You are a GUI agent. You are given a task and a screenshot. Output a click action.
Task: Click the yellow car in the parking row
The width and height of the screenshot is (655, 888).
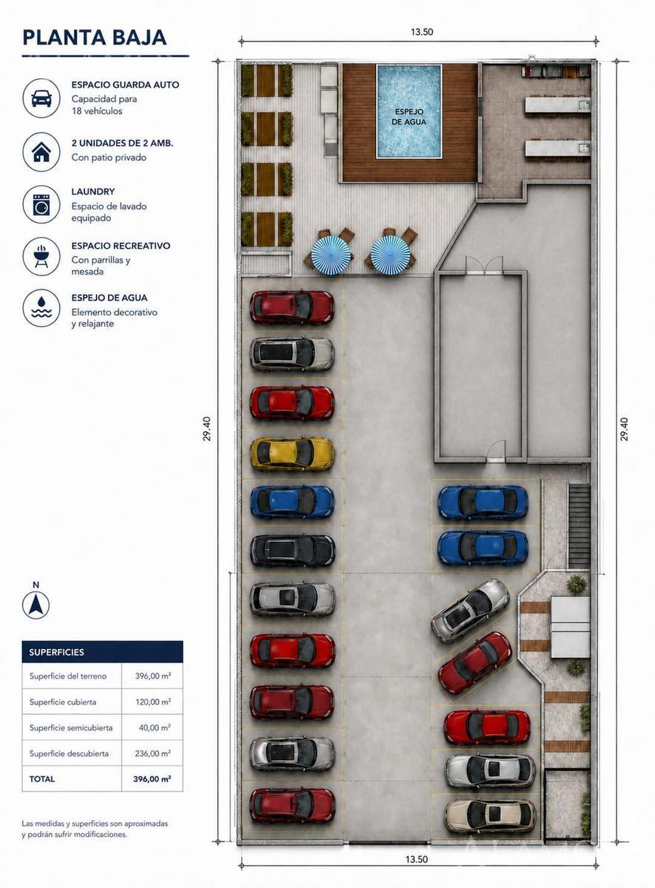click(292, 454)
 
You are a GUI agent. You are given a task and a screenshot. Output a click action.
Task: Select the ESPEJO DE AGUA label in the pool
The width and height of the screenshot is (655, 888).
click(409, 118)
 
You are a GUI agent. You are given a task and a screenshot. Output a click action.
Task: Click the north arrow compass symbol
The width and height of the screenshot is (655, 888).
click(36, 605)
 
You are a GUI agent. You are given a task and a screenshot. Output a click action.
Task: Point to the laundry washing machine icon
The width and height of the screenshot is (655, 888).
click(41, 204)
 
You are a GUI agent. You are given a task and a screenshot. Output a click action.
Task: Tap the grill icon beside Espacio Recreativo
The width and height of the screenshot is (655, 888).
click(41, 257)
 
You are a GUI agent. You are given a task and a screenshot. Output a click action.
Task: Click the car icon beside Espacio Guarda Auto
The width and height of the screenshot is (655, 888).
click(41, 98)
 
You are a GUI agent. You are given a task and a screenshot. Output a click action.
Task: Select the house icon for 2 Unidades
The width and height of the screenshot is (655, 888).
click(41, 152)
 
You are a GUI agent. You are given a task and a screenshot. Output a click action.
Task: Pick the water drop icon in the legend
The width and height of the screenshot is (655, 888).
click(41, 308)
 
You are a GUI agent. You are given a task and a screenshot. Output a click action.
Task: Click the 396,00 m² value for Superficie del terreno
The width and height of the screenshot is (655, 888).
click(152, 676)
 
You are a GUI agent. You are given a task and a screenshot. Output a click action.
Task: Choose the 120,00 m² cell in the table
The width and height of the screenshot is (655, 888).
click(153, 702)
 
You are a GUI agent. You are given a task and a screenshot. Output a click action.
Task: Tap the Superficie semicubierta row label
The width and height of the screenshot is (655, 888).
click(71, 728)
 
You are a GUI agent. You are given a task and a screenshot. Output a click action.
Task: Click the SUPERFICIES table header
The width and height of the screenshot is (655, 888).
click(57, 652)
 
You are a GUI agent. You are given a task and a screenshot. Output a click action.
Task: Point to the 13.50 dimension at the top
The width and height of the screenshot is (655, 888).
click(422, 32)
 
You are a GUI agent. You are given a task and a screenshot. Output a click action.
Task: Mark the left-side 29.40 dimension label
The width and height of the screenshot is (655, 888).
click(207, 428)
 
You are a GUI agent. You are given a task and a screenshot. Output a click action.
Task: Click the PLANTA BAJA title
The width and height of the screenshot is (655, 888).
click(95, 38)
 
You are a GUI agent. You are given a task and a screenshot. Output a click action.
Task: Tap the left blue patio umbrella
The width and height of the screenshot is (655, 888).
click(331, 254)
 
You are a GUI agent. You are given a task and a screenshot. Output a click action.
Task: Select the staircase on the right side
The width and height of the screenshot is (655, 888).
click(580, 526)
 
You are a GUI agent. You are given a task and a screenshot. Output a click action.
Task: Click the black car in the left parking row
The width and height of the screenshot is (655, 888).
click(292, 551)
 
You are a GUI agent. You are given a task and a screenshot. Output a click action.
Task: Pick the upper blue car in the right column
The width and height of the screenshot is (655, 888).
click(483, 502)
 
